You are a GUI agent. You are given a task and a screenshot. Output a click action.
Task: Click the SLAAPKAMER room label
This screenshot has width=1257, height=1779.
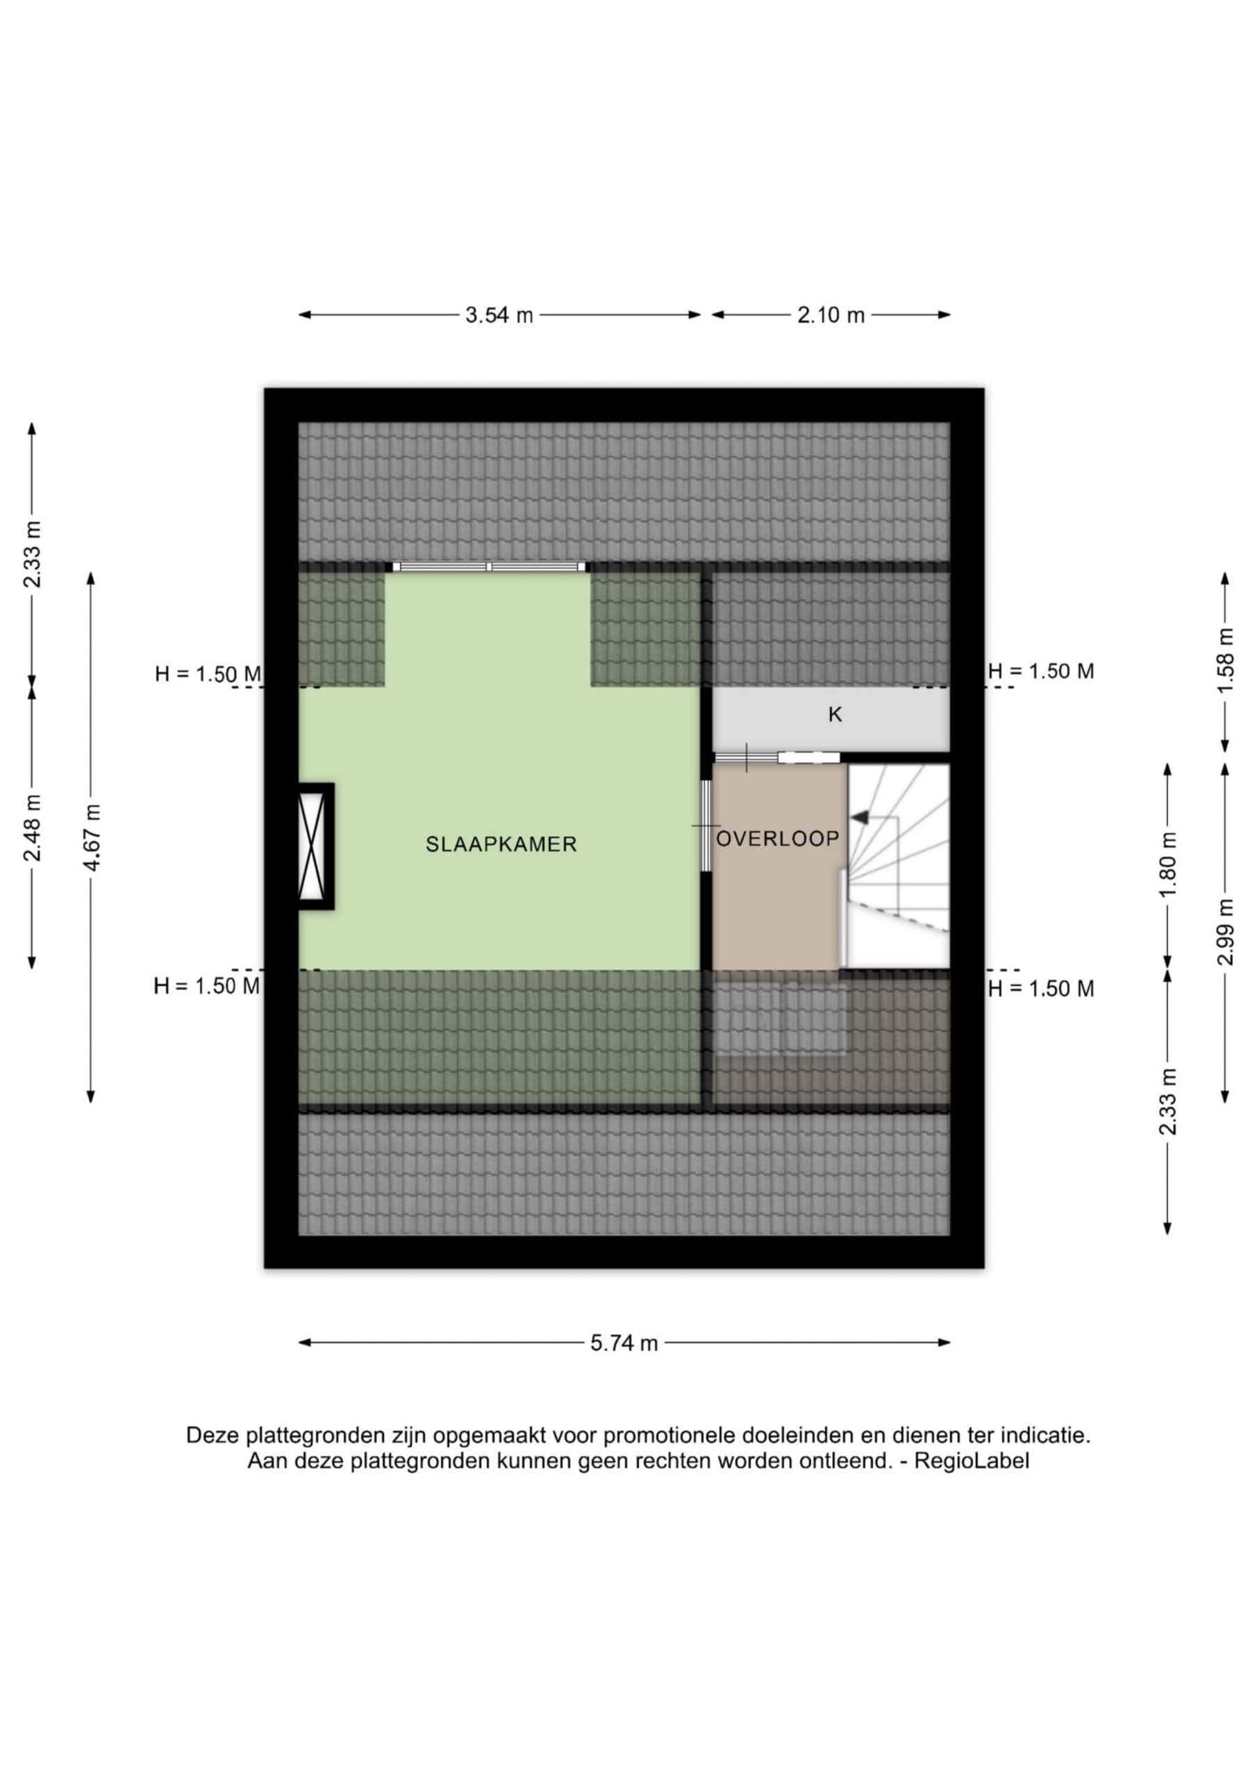point(501,844)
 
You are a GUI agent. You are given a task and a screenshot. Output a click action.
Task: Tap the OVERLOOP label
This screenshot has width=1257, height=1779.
point(778,838)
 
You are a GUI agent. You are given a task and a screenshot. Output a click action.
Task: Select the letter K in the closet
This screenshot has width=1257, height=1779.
point(835,714)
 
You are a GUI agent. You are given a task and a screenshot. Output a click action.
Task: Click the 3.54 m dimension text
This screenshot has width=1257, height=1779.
point(499,315)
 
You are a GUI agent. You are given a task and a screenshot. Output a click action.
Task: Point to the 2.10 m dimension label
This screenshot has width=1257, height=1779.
point(831,315)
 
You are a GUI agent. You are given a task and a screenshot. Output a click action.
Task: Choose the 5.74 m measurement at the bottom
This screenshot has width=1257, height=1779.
point(624,1343)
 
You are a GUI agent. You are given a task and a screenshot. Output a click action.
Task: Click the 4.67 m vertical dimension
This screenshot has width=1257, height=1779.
point(92,837)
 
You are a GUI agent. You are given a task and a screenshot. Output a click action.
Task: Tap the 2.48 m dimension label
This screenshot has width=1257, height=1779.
point(33,828)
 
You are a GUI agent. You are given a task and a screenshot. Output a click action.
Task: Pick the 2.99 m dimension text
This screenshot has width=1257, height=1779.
point(1225,931)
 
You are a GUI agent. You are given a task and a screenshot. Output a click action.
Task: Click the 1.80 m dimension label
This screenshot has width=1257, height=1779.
point(1168,864)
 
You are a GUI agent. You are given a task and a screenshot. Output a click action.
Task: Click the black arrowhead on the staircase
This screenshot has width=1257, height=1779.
point(859,817)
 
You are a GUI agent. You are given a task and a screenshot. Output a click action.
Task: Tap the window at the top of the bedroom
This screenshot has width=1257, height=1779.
point(490,567)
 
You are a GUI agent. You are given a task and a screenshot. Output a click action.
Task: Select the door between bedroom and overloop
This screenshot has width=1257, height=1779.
point(706,826)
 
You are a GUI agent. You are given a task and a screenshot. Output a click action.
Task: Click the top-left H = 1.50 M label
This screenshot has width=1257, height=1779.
point(208,674)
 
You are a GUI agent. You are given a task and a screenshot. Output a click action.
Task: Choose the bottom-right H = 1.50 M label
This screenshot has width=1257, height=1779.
point(1041,989)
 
